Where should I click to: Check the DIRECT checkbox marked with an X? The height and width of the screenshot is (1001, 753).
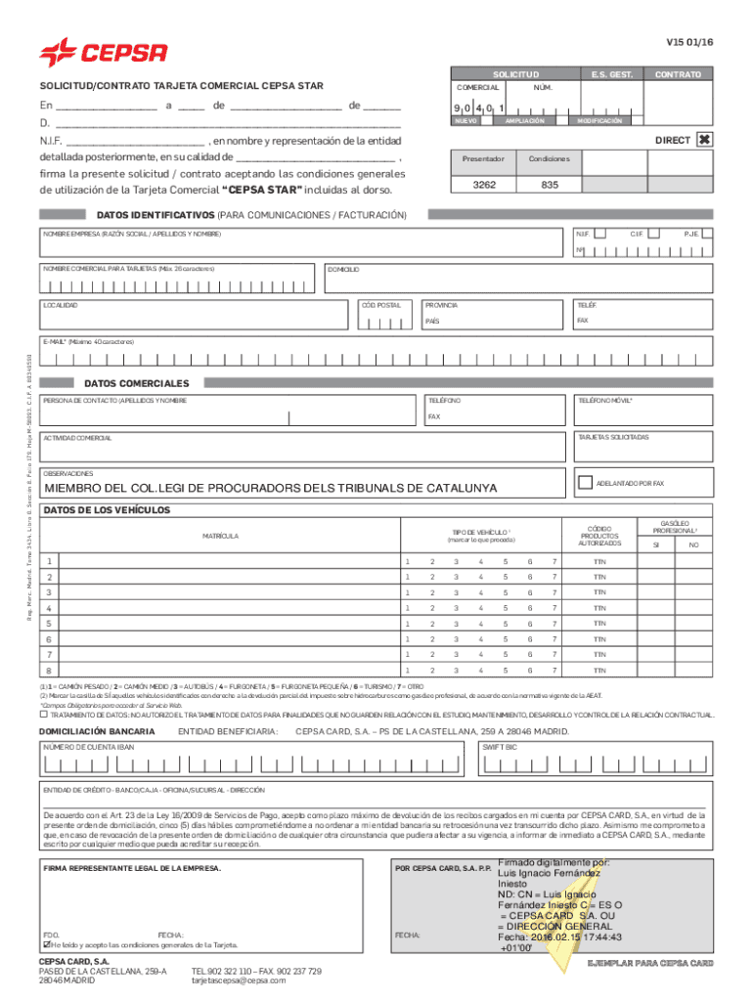coord(703,141)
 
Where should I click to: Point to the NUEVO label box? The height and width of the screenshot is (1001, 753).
coord(465,121)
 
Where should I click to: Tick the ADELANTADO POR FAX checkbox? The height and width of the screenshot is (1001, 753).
coord(586,482)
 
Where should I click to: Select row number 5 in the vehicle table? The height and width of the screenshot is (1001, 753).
coord(49,624)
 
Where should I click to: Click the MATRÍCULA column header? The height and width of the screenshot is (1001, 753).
coord(220,536)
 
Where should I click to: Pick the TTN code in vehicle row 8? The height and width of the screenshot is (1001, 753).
coord(598,671)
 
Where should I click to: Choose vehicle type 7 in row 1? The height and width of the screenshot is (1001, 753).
coord(554,562)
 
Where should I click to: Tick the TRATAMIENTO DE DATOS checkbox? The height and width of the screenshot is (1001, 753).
coord(44,715)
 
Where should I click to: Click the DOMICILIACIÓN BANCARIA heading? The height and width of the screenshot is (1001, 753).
coord(96,730)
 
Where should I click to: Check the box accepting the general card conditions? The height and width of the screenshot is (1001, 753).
coord(45,946)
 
